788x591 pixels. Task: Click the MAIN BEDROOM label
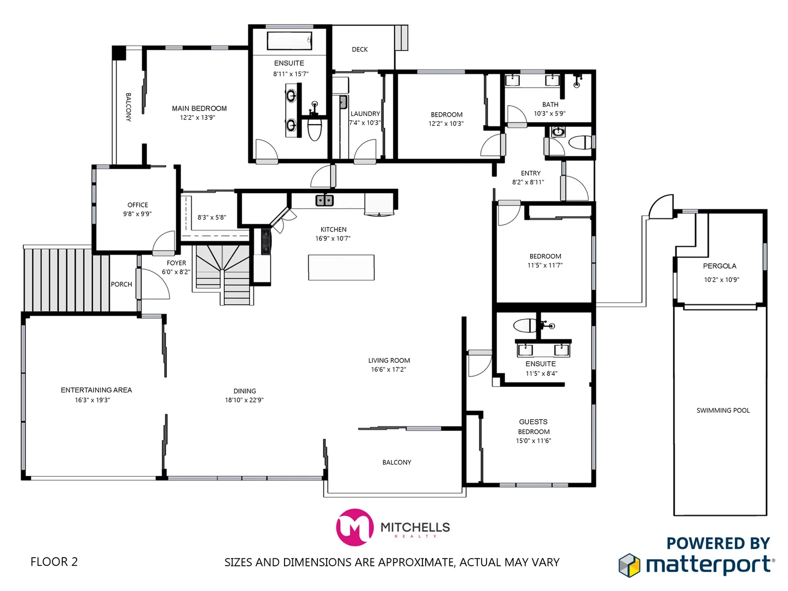point(199,108)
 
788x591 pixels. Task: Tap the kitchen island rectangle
point(341,268)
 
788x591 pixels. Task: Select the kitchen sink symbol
point(325,201)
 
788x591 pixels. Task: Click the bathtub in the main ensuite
point(289,40)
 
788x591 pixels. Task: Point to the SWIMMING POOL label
point(723,410)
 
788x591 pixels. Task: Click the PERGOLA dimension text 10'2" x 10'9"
point(721,280)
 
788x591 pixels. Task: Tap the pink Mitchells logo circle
point(354,528)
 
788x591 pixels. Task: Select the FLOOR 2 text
point(54,562)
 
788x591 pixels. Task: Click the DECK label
point(360,49)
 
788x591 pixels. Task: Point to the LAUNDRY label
point(365,114)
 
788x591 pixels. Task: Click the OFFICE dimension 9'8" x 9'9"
point(137,214)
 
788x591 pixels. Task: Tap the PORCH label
point(121,285)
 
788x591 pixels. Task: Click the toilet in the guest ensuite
point(526,326)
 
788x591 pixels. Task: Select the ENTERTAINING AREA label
point(96,390)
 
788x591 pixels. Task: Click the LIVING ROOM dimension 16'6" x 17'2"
point(389,370)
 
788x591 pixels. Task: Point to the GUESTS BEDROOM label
point(534,427)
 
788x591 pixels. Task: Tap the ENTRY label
point(530,173)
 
